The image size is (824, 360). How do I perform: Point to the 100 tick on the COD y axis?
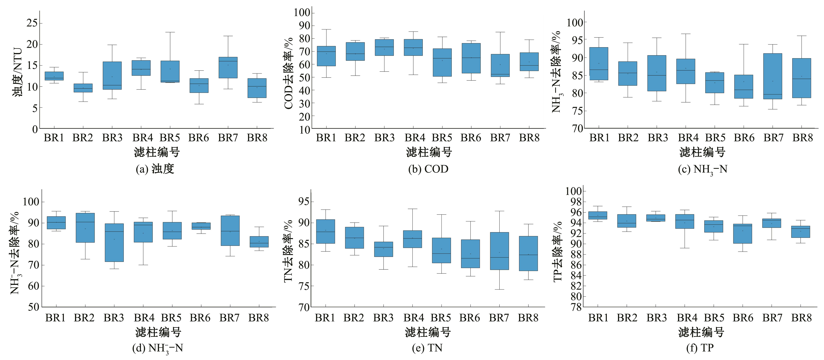302,12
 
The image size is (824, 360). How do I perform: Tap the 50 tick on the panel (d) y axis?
33,307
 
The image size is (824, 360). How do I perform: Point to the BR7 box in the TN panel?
499,251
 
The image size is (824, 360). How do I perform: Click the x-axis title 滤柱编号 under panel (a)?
157,152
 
